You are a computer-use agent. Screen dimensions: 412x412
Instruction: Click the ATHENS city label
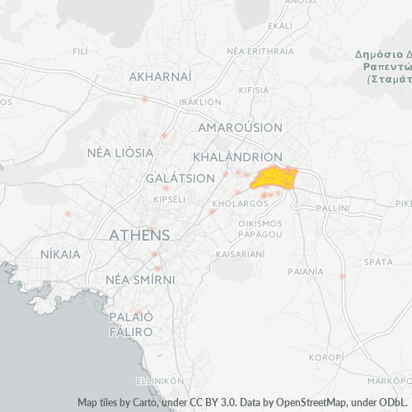click(x=140, y=235)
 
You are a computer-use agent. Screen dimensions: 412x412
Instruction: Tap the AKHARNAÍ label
click(x=161, y=77)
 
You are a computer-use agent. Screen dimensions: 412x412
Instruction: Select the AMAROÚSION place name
click(x=241, y=128)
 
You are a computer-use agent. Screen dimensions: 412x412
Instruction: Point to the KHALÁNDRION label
click(x=237, y=156)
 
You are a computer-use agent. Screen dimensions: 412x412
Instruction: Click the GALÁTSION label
click(x=173, y=179)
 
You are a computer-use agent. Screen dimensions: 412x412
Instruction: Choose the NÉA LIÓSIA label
click(x=120, y=152)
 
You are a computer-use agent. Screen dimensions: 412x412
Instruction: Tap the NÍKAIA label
click(x=61, y=255)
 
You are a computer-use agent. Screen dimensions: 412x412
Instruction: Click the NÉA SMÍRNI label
click(x=141, y=279)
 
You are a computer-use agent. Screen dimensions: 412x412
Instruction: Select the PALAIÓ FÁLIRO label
click(x=131, y=324)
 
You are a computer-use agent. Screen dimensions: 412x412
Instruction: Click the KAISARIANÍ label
click(x=240, y=255)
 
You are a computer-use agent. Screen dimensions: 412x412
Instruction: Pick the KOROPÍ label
click(x=325, y=358)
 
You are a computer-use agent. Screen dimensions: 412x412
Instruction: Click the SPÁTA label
click(x=377, y=261)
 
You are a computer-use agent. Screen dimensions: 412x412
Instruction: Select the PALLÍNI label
click(x=334, y=210)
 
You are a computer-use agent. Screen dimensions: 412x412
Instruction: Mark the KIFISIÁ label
click(x=254, y=89)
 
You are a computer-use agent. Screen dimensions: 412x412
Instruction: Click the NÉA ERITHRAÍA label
click(x=260, y=50)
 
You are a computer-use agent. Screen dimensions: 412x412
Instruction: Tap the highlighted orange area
click(x=275, y=178)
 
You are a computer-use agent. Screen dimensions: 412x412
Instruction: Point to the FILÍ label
click(x=80, y=51)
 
